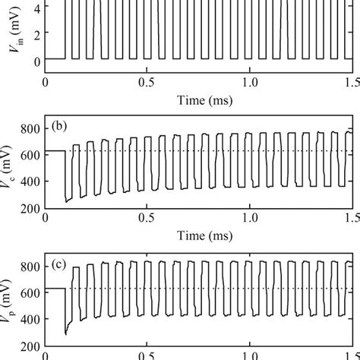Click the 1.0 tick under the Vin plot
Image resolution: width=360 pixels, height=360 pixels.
(x=248, y=82)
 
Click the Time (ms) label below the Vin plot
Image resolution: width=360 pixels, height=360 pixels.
(x=197, y=99)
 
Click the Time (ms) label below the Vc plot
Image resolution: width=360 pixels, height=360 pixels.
(x=197, y=236)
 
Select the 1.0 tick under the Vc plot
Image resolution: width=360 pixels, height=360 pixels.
(x=248, y=219)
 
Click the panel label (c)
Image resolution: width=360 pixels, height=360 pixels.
(x=63, y=265)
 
